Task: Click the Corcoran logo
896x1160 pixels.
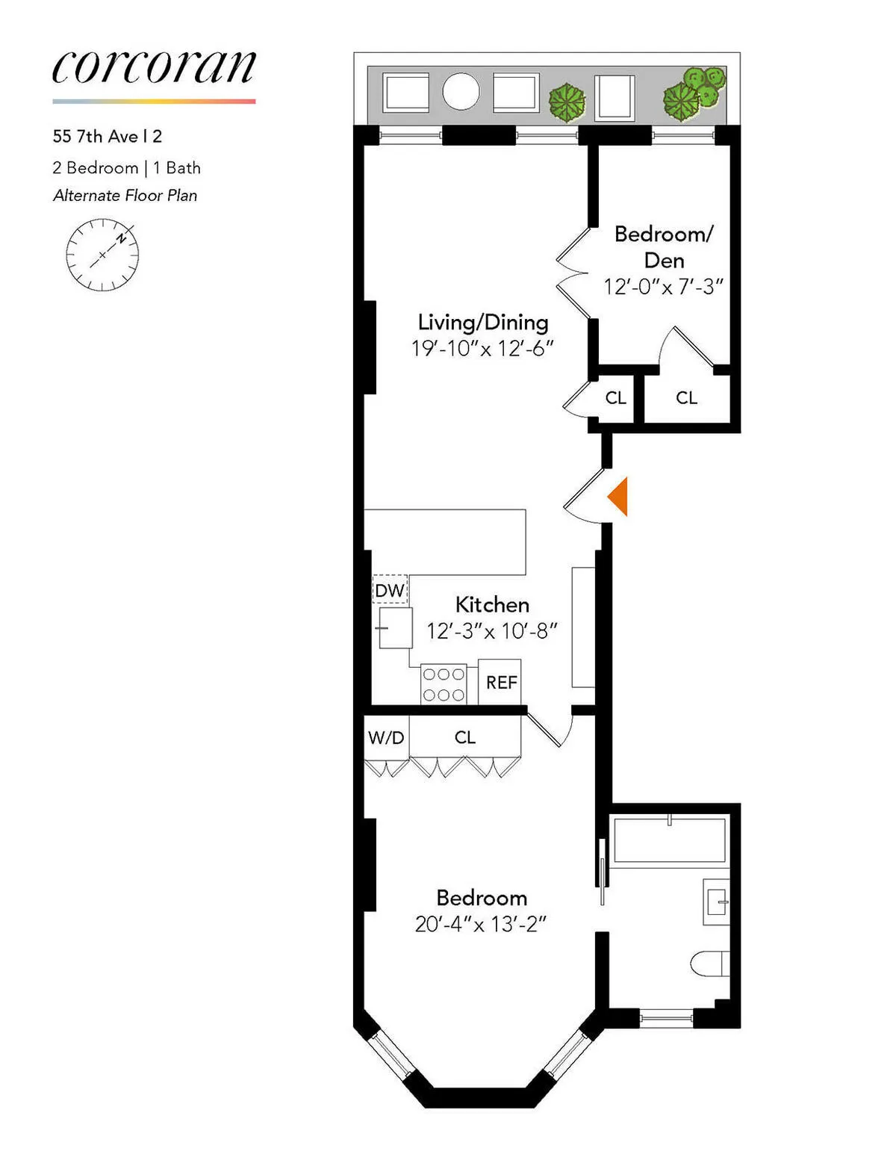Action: [154, 68]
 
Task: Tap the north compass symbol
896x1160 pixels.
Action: [102, 255]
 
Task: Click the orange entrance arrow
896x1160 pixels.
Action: [618, 496]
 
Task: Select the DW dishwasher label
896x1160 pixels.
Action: [390, 590]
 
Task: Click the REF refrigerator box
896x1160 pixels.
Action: [500, 682]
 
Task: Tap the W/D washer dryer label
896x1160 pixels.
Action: [386, 738]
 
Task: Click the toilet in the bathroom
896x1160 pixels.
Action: [711, 964]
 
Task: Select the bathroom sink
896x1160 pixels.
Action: [717, 902]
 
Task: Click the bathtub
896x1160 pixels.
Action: [669, 840]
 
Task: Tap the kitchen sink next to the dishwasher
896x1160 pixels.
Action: [395, 627]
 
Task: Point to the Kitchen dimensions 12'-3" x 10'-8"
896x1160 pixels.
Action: [492, 631]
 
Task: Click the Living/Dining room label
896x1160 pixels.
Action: [483, 322]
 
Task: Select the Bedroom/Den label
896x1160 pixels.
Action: [664, 246]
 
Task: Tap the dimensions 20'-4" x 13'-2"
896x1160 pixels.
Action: [481, 925]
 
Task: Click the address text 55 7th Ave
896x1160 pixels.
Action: [108, 137]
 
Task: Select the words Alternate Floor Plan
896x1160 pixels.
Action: [125, 196]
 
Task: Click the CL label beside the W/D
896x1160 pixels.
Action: [464, 738]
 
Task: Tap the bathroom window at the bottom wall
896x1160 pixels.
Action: [666, 1017]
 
